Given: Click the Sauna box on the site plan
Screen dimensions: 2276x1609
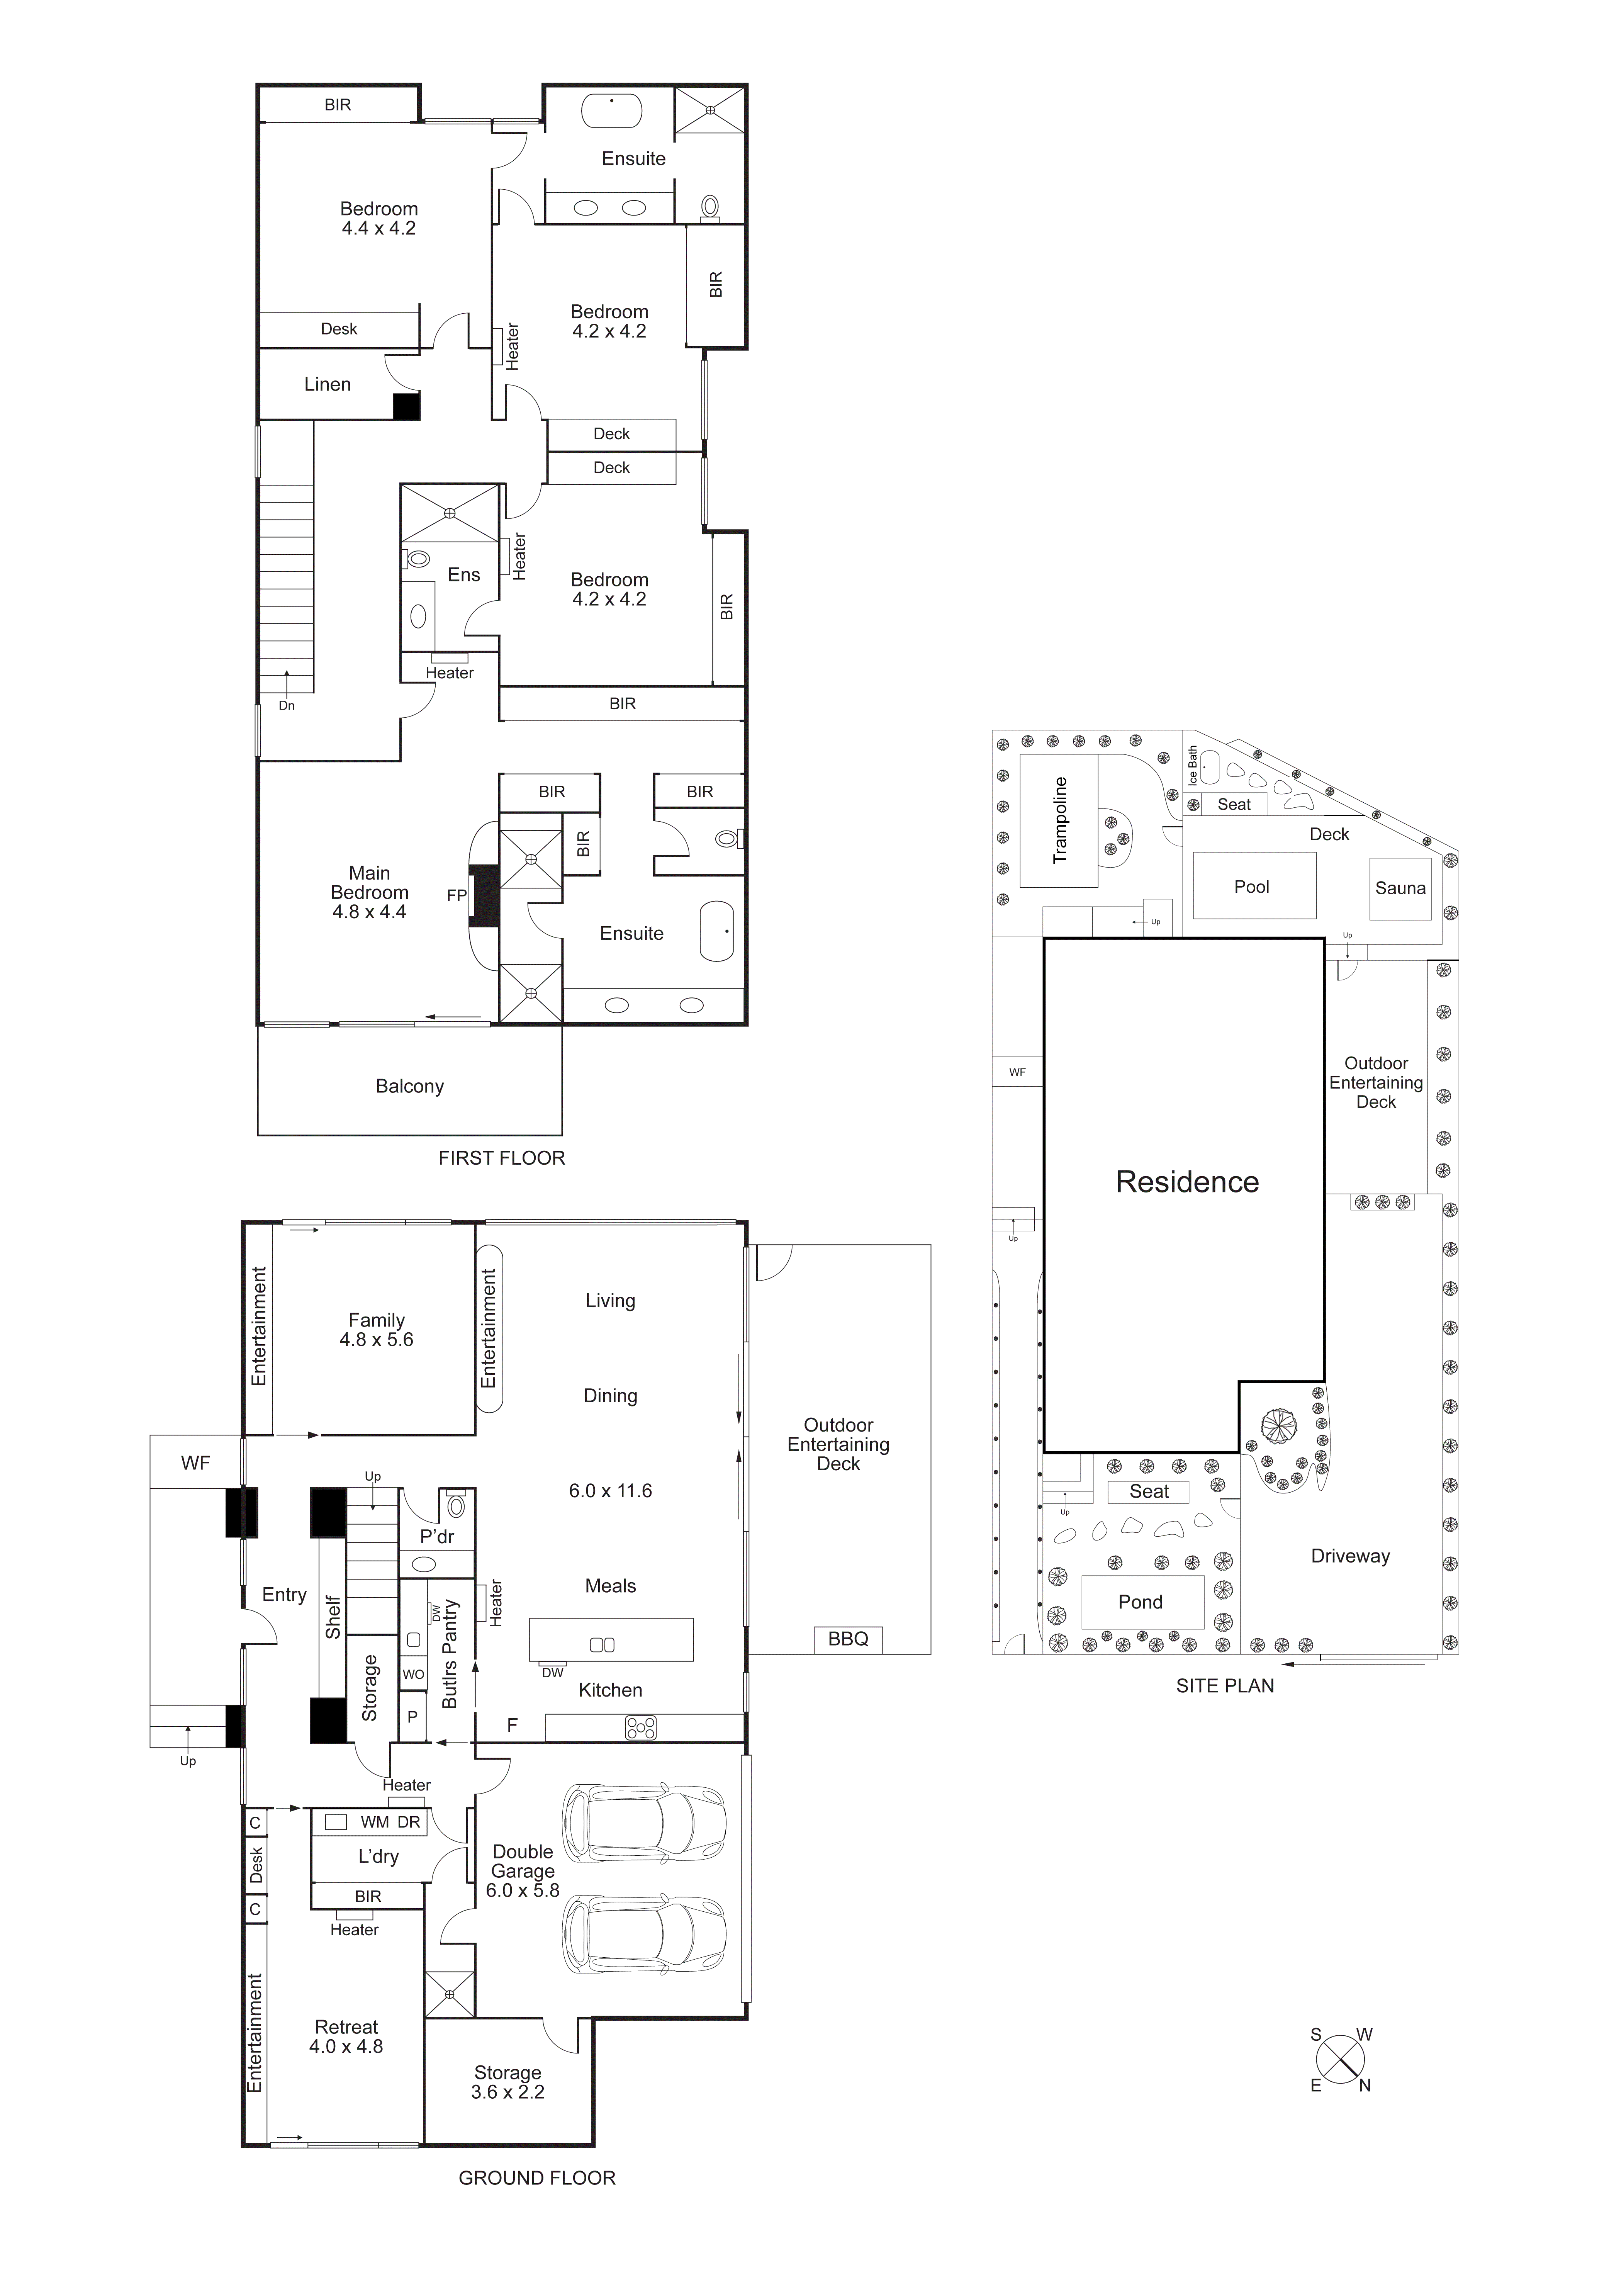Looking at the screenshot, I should point(1400,888).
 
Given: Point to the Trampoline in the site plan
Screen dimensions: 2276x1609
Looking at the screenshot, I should point(1059,821).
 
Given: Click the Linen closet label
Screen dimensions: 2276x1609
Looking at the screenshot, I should point(327,385).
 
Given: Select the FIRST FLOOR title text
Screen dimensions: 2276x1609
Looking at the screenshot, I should point(502,1158).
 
